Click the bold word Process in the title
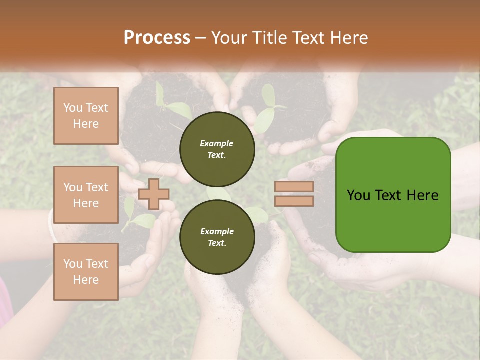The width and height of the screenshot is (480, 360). pos(157,38)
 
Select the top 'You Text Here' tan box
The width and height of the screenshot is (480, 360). pos(86,116)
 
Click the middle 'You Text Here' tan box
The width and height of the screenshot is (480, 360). pos(86,195)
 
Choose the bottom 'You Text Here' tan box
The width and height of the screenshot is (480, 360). pos(86,272)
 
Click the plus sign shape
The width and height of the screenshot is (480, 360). pos(154,194)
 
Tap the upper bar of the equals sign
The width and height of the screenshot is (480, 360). pos(294,187)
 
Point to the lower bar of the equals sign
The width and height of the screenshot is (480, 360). pos(294,201)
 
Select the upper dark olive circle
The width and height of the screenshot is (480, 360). pos(217,149)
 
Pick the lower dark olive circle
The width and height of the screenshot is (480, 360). pos(217,237)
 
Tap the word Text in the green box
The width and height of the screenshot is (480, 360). pos(392,195)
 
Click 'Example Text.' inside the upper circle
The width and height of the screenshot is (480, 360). pos(217,149)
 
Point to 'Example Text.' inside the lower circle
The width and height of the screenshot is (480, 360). pos(217,237)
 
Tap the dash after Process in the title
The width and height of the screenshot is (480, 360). pos(201,38)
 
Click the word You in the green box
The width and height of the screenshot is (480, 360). pos(359,195)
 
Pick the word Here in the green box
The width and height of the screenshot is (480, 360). pos(423,195)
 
